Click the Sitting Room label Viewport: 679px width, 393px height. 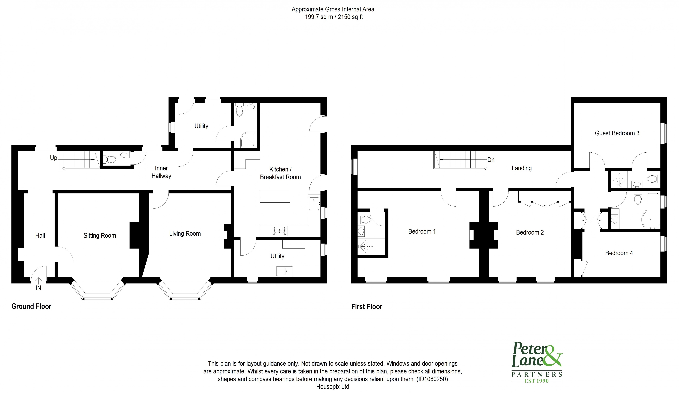(100, 236)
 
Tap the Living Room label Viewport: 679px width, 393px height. (185, 234)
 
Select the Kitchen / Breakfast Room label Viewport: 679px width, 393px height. (280, 173)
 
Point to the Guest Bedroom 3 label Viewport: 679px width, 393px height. (617, 133)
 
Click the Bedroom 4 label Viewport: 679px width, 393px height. (619, 253)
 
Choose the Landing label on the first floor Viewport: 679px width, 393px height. (522, 168)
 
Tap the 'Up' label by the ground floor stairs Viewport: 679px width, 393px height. (53, 158)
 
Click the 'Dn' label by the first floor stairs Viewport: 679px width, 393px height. (491, 160)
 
